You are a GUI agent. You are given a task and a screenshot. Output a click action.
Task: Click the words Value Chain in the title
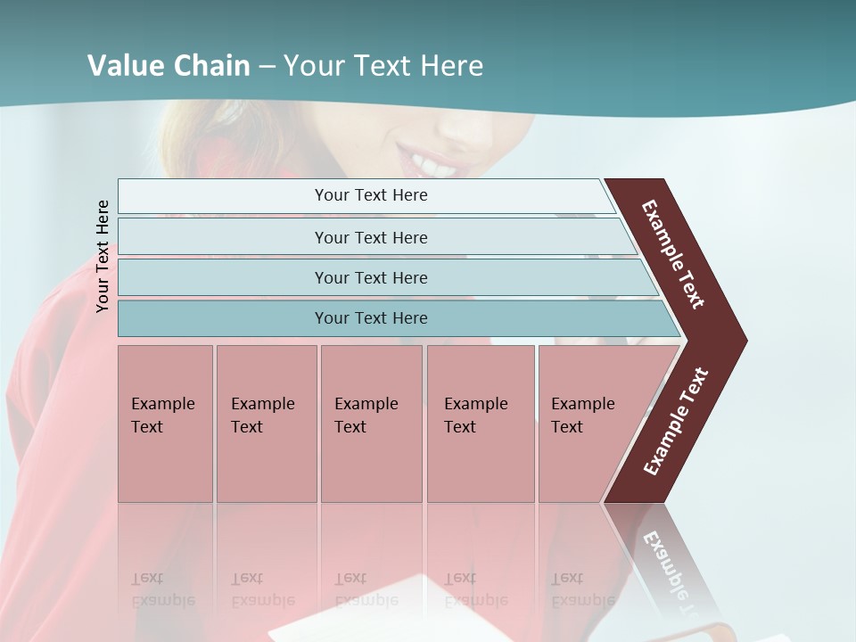click(169, 66)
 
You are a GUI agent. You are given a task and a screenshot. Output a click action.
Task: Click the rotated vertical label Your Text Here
click(103, 256)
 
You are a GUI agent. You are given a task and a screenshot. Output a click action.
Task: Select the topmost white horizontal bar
click(223, 196)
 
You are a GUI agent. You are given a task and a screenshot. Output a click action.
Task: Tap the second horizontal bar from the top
click(223, 237)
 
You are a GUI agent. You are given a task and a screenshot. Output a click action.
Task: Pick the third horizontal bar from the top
click(223, 277)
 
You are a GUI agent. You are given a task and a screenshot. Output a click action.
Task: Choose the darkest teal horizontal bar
click(223, 318)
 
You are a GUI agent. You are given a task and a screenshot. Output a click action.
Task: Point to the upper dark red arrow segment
click(674, 254)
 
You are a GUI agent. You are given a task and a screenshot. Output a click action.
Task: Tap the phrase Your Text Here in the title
click(383, 66)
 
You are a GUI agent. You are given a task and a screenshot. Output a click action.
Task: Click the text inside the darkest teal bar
click(371, 318)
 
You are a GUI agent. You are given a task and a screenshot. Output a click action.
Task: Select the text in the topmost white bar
click(371, 195)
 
